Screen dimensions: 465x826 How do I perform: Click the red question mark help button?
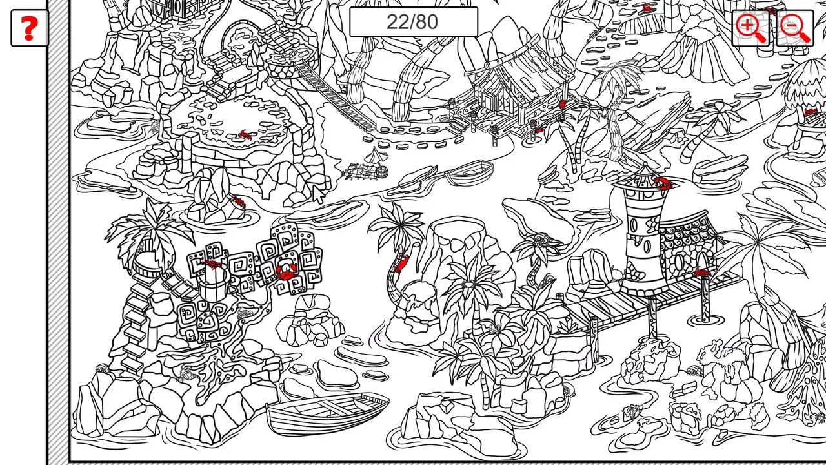29,28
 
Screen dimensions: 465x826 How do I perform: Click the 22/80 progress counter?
413,22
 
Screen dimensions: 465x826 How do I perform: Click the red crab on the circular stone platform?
245,135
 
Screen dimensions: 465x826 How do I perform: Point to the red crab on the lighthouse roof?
662,183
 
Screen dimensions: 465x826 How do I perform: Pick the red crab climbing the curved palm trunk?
401,263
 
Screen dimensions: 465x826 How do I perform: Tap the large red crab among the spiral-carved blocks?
286,271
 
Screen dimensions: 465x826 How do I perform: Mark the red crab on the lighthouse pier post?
701,273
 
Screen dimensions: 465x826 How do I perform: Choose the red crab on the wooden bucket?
213,265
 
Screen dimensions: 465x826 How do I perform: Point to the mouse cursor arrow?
318,194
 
